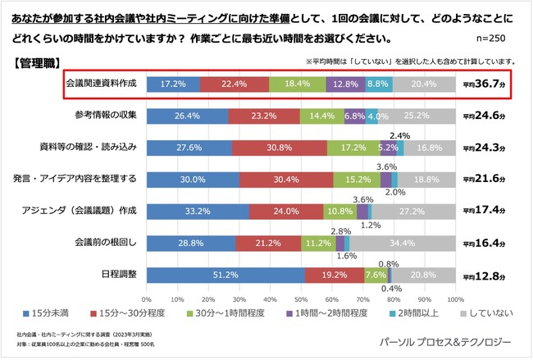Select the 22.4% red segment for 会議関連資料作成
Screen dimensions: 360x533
(234, 84)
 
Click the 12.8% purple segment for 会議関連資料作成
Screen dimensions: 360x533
(345, 84)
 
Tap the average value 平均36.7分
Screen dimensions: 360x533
(489, 84)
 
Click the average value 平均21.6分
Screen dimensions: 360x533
(489, 179)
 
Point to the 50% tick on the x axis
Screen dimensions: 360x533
(301, 299)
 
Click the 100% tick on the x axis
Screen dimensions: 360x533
(455, 299)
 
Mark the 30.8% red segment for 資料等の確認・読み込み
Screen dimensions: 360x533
(279, 147)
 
